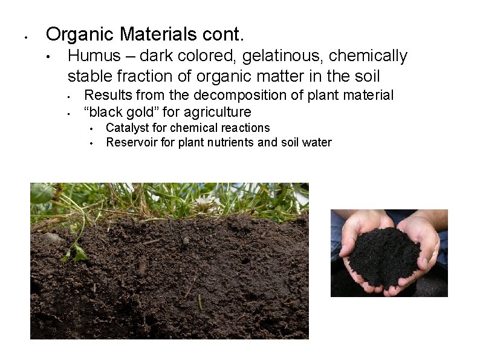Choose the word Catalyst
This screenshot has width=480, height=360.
pyautogui.click(x=127, y=128)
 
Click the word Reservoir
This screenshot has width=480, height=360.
pyautogui.click(x=131, y=142)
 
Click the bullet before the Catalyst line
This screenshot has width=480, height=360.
pyautogui.click(x=90, y=129)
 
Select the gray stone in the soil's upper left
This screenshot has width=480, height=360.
pyautogui.click(x=53, y=238)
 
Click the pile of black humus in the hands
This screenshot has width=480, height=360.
pyautogui.click(x=384, y=254)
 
